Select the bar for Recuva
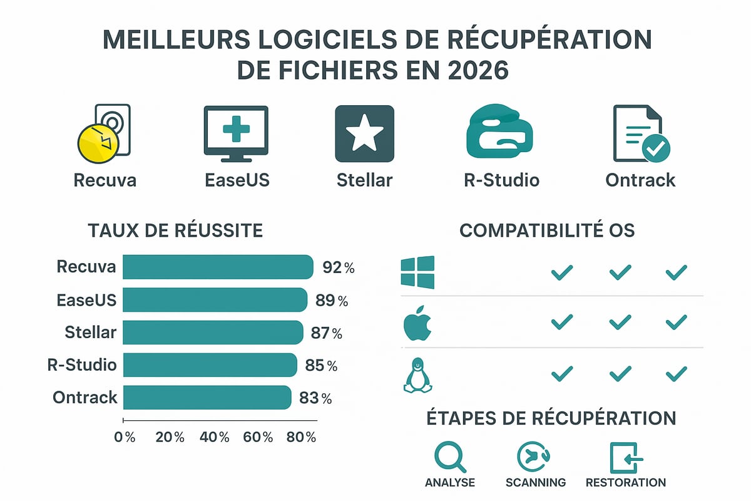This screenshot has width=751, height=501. tap(217, 267)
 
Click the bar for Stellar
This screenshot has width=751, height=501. tap(212, 333)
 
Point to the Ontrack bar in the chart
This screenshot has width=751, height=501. tap(207, 398)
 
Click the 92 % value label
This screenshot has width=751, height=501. tap(339, 267)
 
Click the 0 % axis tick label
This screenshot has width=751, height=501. tap(125, 437)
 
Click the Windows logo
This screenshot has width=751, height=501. tap(417, 272)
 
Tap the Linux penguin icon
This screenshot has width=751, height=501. tap(417, 375)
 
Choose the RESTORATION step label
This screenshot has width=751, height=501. tap(625, 482)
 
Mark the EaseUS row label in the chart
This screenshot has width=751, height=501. tap(86, 300)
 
